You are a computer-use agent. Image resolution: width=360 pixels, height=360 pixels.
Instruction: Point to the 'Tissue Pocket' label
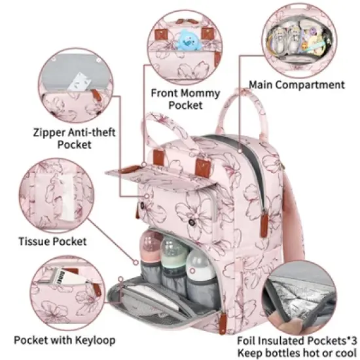51,242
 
